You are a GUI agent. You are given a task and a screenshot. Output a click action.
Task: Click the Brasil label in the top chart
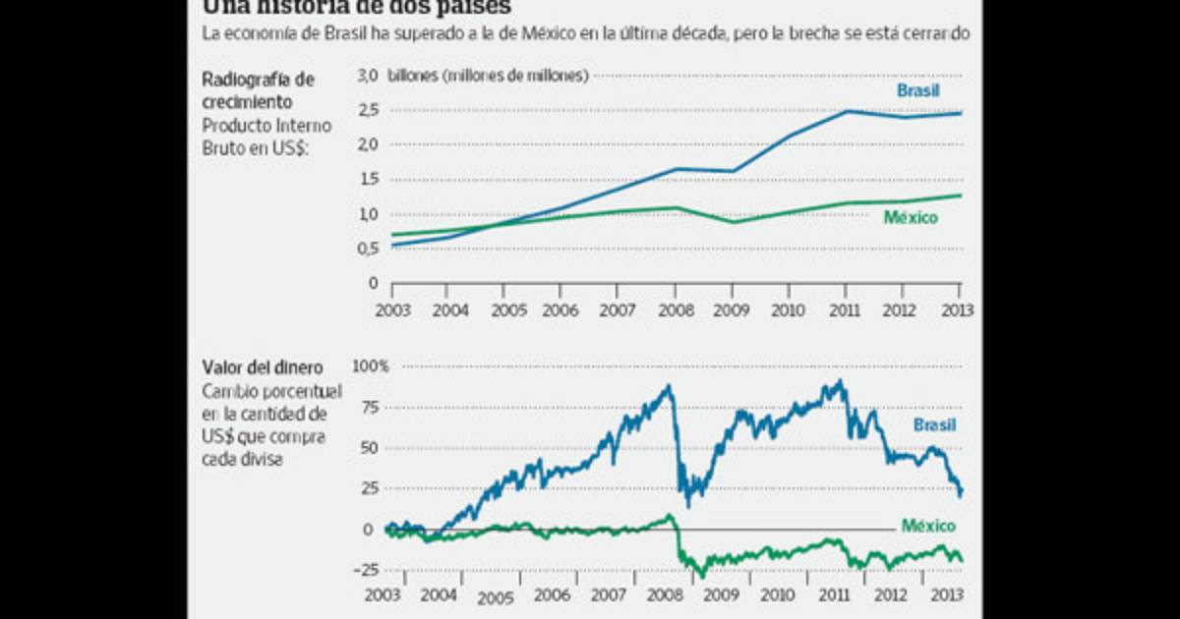point(917,90)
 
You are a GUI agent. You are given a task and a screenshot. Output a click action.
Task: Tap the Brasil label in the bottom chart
point(934,425)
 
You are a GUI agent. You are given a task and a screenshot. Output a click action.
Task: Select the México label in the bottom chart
point(929,526)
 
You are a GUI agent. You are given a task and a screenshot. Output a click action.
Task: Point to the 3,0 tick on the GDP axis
point(367,76)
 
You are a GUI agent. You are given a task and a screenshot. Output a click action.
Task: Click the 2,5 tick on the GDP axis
point(367,110)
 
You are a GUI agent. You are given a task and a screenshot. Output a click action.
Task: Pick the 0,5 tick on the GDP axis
point(367,248)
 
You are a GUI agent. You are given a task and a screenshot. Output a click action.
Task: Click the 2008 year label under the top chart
point(676,309)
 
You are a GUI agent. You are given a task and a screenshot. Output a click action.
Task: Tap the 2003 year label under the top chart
point(391,309)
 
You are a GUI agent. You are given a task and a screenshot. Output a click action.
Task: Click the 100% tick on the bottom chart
point(372,366)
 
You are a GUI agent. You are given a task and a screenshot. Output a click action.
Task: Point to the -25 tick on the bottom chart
point(368,570)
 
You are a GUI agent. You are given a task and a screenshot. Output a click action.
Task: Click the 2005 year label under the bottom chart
point(496,597)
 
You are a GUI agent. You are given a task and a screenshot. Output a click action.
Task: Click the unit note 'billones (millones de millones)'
point(489,76)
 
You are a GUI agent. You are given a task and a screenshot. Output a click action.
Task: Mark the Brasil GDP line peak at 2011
point(846,111)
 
